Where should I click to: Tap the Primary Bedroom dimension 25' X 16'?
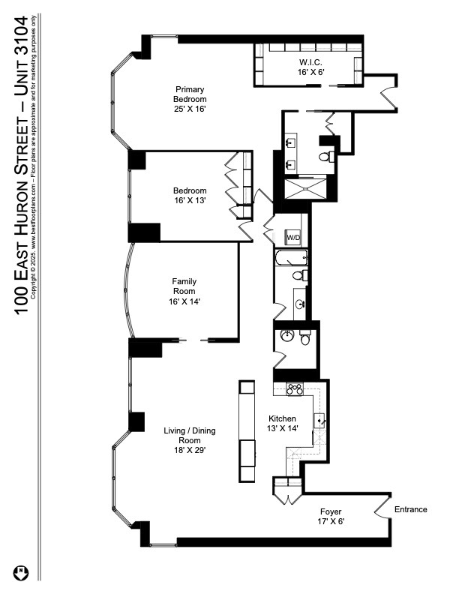coord(189,109)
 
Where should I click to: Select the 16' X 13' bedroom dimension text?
coord(189,200)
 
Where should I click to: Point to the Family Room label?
coord(184,286)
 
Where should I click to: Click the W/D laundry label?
coord(293,238)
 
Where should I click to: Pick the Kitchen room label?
coord(282,418)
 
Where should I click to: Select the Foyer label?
coord(331,511)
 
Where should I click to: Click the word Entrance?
coord(411,509)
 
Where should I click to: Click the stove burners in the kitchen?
coord(295,388)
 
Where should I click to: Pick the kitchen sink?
coord(319,421)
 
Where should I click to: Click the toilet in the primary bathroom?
coord(325,155)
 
